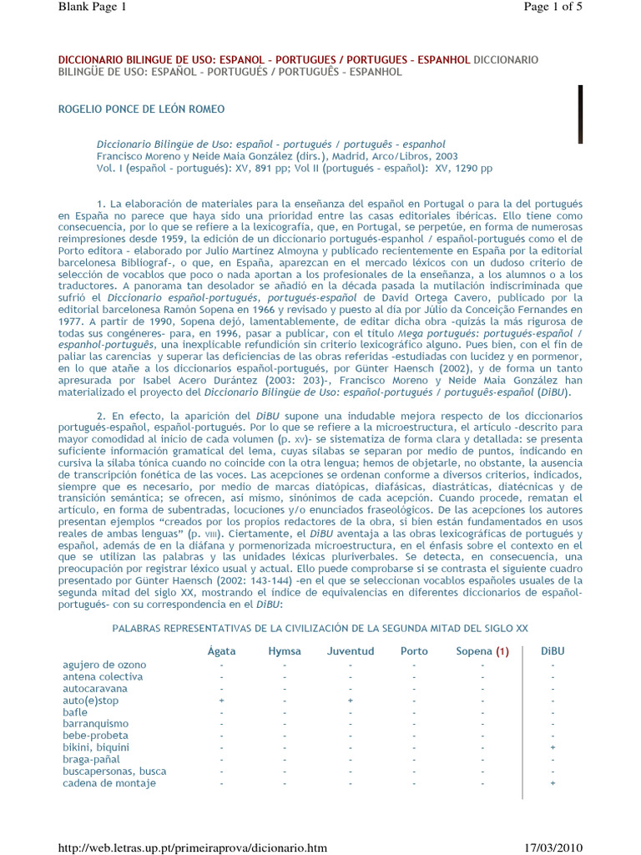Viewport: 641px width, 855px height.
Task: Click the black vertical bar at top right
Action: click(x=580, y=114)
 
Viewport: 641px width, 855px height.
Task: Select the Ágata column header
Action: click(x=221, y=651)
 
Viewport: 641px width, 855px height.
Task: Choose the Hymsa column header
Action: click(x=285, y=651)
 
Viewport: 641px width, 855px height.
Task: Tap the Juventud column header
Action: click(x=351, y=651)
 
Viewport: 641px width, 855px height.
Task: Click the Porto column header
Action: click(x=414, y=651)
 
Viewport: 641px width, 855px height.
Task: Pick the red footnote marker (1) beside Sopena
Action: click(x=502, y=651)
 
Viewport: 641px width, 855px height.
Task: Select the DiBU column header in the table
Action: click(x=553, y=651)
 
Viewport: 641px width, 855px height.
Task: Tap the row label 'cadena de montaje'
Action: click(x=109, y=783)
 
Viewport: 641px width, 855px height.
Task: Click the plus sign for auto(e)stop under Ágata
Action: click(x=221, y=701)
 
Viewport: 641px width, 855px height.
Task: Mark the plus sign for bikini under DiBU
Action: click(x=553, y=748)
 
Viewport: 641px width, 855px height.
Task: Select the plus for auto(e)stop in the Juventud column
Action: click(x=351, y=701)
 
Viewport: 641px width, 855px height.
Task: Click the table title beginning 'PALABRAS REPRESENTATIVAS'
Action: click(x=320, y=628)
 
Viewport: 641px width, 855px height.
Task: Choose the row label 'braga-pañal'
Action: click(x=91, y=760)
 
